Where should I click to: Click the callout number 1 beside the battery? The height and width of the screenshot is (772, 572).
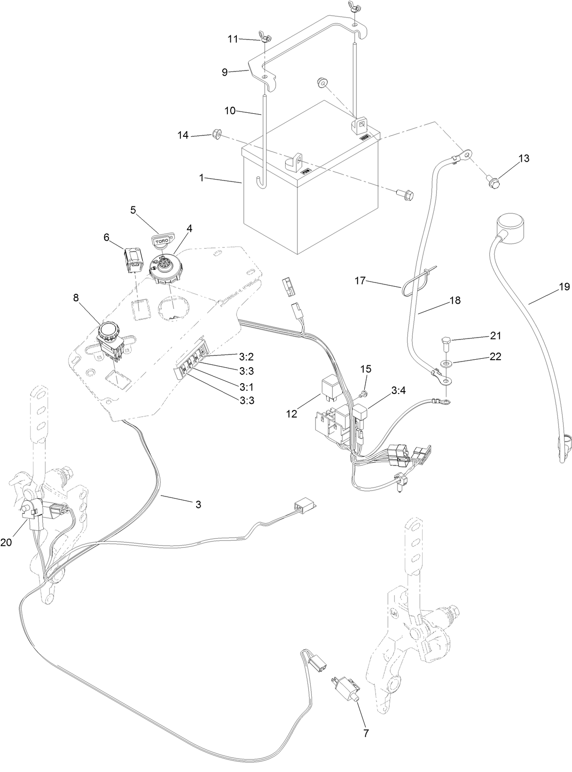click(x=201, y=178)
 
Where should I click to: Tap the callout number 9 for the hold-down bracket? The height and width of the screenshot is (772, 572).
click(x=225, y=72)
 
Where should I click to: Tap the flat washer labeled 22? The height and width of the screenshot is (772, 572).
click(x=445, y=363)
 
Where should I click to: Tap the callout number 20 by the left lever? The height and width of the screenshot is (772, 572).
click(x=6, y=542)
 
